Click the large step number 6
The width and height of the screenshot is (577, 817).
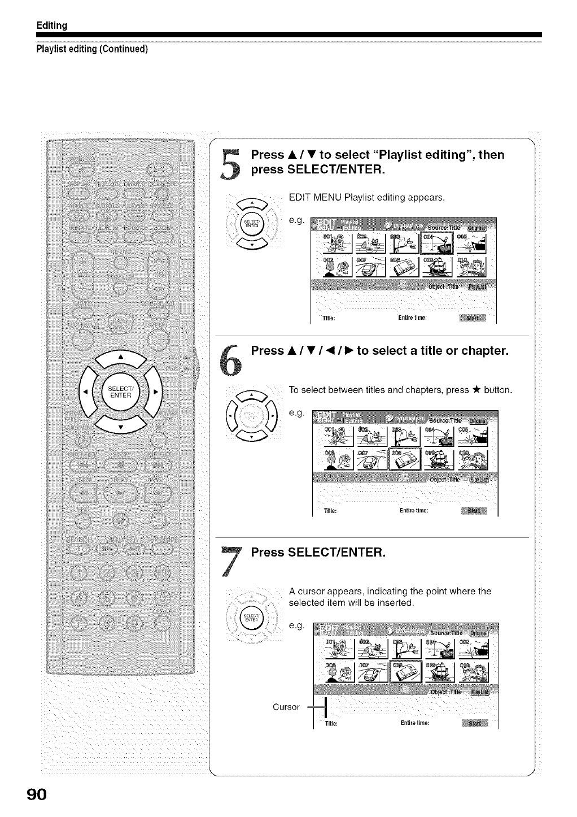tap(231, 362)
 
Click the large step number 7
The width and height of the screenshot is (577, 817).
tap(230, 561)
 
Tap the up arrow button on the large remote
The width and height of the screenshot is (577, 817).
tap(120, 358)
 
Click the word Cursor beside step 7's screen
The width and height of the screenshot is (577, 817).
tap(286, 707)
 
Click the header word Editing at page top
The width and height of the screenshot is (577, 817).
tap(52, 25)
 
